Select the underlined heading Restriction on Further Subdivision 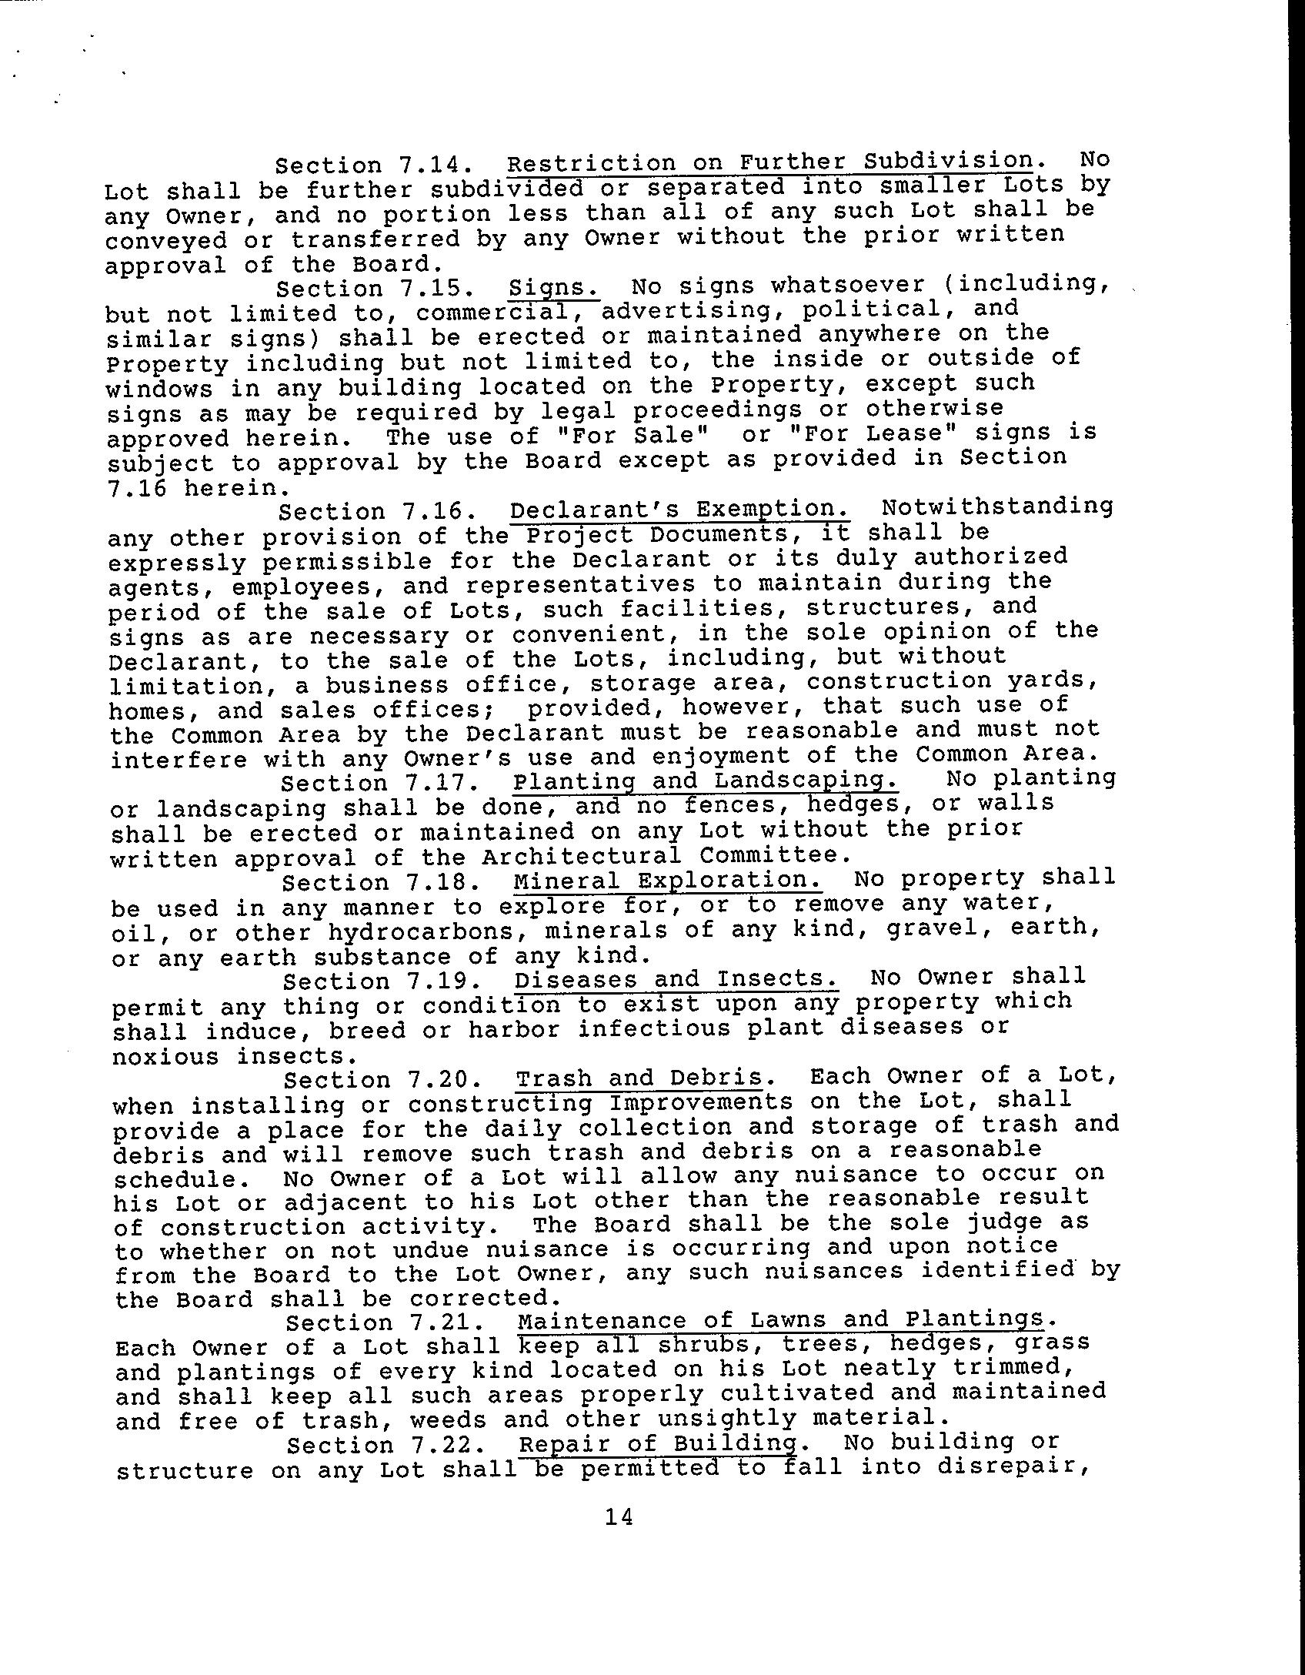(769, 162)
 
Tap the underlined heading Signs (554, 287)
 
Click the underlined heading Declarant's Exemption (679, 510)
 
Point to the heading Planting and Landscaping (705, 781)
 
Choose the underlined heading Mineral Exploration (667, 880)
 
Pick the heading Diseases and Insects (676, 979)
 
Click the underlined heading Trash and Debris (639, 1078)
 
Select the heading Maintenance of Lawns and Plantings (781, 1321)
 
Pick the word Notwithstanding (997, 507)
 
